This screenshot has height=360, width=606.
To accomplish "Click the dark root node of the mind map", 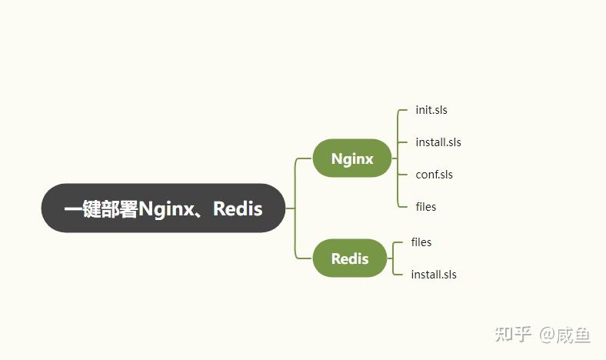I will coord(163,208).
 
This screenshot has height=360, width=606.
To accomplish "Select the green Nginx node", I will coord(352,158).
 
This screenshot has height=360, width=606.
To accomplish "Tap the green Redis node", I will coord(350,258).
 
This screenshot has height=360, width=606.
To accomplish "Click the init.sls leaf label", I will coord(431,110).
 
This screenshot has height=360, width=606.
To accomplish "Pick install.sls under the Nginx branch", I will coord(438,142).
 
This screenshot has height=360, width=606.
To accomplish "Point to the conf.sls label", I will coord(435,175).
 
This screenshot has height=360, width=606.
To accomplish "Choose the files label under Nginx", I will coord(426,207).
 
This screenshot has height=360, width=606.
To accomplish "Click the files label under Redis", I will coord(421,242).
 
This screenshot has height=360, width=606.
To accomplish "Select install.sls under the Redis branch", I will coord(434,275).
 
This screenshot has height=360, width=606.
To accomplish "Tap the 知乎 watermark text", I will coord(513,334).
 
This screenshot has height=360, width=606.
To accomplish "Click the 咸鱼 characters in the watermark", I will coord(575,334).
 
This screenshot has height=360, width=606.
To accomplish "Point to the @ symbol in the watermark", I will coord(547,334).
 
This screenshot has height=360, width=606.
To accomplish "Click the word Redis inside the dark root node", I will coord(238,208).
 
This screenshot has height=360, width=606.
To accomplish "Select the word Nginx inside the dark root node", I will coord(165,208).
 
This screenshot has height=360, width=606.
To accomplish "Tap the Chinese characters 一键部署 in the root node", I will coord(101,208).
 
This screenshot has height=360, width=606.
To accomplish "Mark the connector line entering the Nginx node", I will coord(303,158).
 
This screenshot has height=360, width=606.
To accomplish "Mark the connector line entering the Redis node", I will coord(303,258).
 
